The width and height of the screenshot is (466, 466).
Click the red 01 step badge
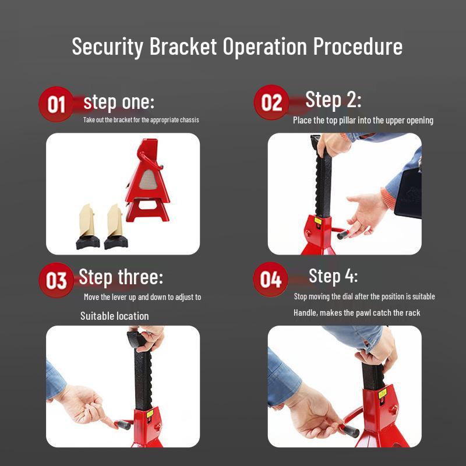pos(56,104)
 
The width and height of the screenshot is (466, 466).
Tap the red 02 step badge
pos(271,103)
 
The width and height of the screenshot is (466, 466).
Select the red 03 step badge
pos(56,280)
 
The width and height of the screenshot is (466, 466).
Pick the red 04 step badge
pos(271,280)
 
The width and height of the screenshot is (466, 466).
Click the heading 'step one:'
pos(119,103)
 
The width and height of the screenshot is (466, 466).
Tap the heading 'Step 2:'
pos(333,100)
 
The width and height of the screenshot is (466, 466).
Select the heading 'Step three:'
pos(121,277)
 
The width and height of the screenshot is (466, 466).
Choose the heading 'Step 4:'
pos(333,275)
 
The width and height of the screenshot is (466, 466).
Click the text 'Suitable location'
pos(115,316)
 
